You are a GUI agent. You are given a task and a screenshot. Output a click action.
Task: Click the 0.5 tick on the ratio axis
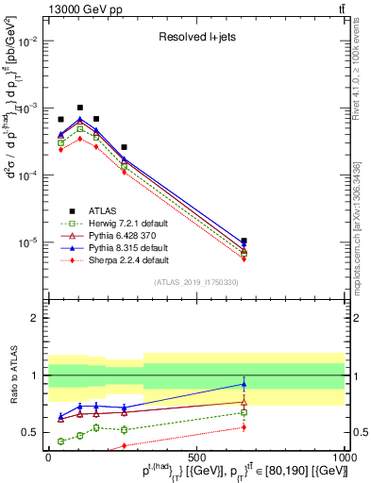[33, 432]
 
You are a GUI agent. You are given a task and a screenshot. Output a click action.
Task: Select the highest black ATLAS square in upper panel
[80, 108]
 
